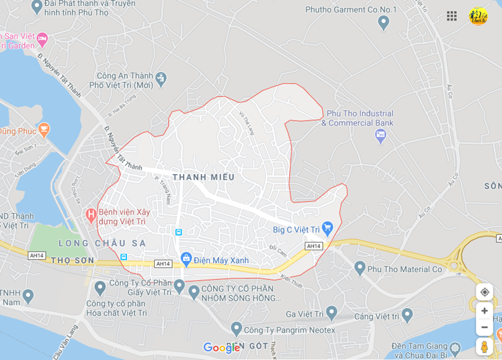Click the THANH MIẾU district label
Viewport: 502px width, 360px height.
(203, 177)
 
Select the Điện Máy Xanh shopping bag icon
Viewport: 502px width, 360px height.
(186, 258)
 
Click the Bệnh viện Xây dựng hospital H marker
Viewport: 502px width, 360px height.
(90, 216)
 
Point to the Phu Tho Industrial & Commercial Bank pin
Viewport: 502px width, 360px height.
(381, 136)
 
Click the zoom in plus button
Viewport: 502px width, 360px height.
(485, 310)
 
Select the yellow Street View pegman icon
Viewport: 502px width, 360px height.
(485, 346)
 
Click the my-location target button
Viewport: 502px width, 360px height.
(485, 292)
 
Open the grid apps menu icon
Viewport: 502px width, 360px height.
(452, 16)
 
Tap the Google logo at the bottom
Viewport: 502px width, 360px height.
(221, 348)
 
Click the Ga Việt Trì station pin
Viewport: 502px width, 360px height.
(332, 312)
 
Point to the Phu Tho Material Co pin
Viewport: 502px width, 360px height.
(359, 268)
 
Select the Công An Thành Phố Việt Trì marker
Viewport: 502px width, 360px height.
(161, 78)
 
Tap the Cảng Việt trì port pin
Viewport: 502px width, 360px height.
(407, 315)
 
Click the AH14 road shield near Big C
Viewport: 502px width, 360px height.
(314, 246)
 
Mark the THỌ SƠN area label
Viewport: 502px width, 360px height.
(73, 261)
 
